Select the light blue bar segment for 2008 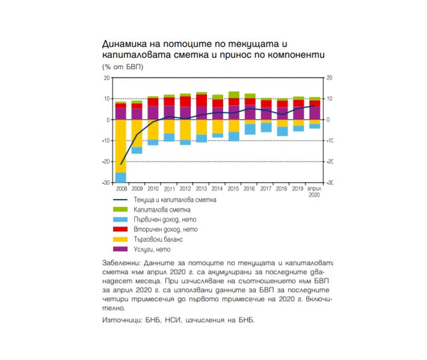(x=121, y=177)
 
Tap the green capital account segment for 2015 (x=234, y=94)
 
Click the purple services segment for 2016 (x=250, y=112)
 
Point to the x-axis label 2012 (x=185, y=189)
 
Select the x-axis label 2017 (x=266, y=189)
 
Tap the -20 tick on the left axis (x=106, y=162)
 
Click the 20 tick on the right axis (x=329, y=78)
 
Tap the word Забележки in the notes (x=119, y=263)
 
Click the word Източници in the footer (x=120, y=320)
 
